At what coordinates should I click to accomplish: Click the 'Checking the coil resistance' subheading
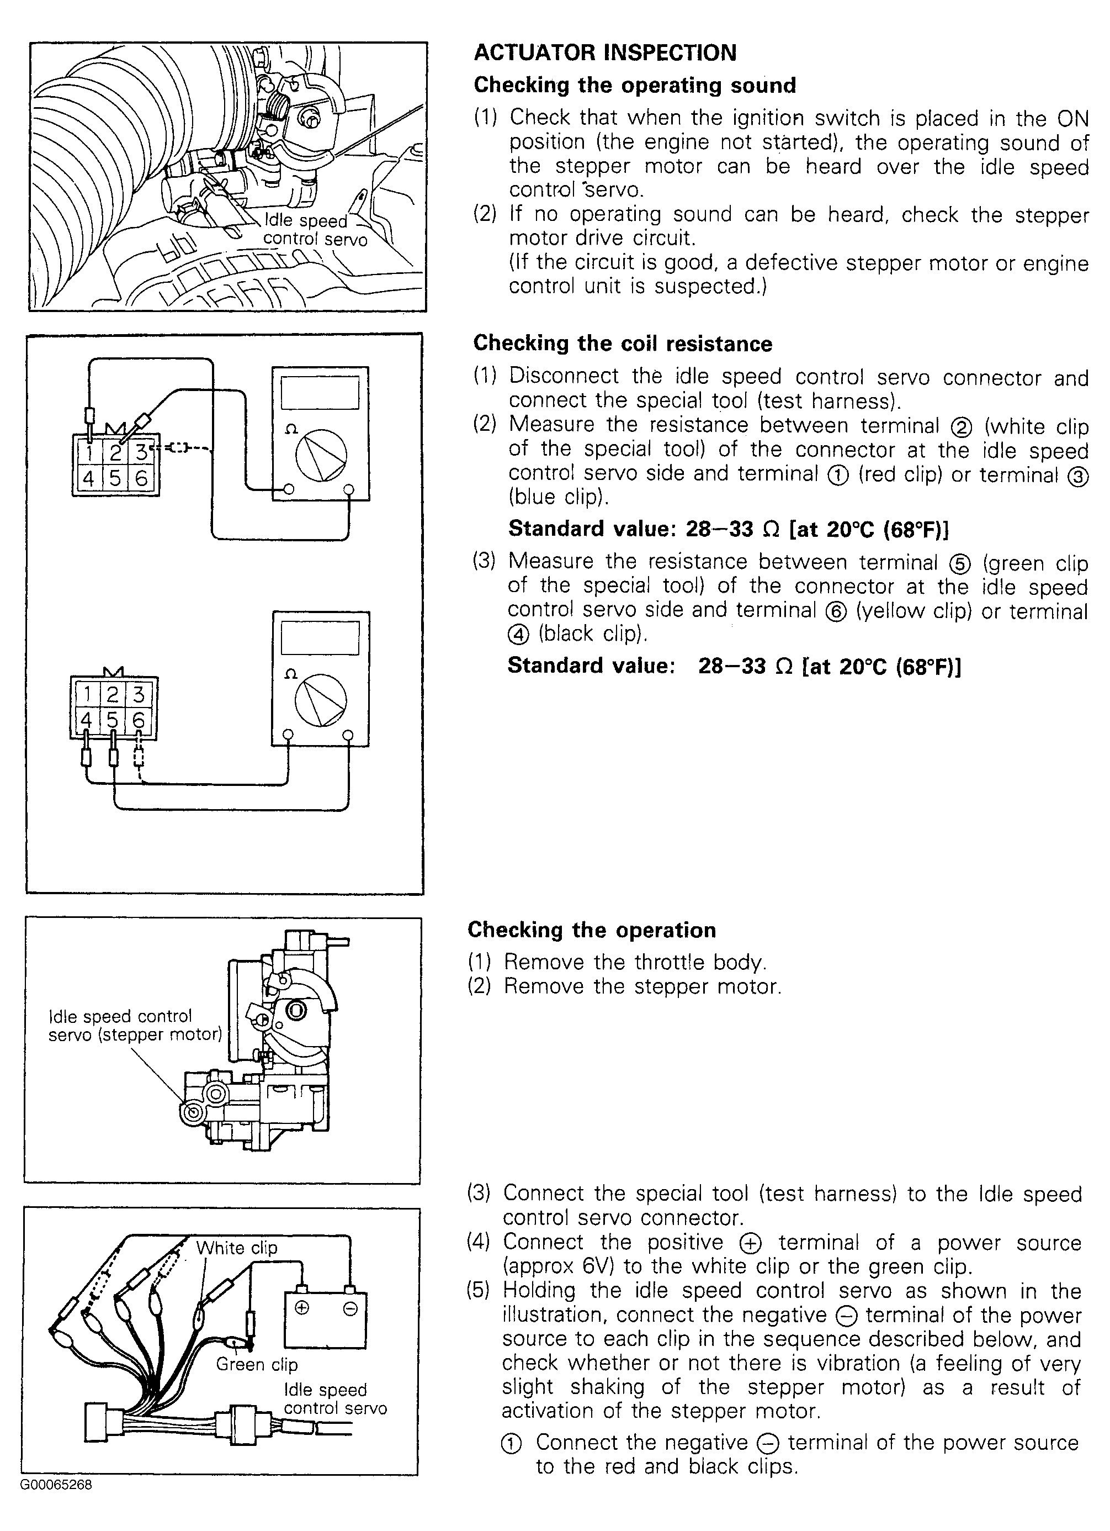(x=622, y=343)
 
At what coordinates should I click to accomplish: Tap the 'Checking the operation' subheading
(x=591, y=930)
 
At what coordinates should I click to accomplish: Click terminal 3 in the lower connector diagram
(x=139, y=695)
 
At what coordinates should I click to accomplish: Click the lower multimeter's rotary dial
(x=321, y=700)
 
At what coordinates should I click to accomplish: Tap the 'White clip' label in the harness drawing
(x=237, y=1248)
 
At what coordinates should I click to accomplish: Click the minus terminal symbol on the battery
(x=349, y=1309)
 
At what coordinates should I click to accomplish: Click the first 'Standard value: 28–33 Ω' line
(x=728, y=529)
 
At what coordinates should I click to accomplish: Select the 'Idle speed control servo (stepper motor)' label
(x=135, y=1026)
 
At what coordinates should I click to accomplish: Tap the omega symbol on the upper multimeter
(x=291, y=429)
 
